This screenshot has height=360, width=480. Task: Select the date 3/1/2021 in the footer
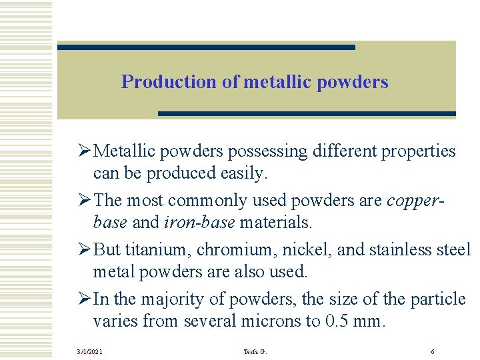tap(89, 351)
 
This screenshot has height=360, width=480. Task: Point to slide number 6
tap(433, 351)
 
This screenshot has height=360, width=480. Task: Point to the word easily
tap(243, 173)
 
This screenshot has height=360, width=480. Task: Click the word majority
tap(163, 299)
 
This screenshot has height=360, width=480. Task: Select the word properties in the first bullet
tap(418, 151)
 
